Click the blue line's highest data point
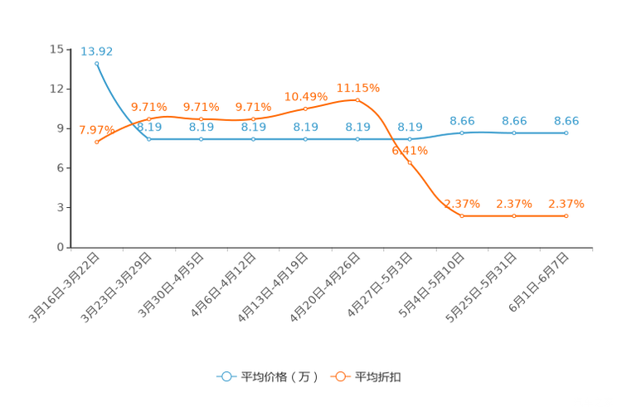click(x=97, y=63)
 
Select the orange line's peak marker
click(x=357, y=99)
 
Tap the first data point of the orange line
click(x=97, y=143)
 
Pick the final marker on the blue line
click(x=566, y=133)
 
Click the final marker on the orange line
click(x=566, y=216)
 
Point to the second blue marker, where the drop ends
click(x=149, y=139)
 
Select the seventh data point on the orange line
click(x=410, y=162)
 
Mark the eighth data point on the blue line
click(x=462, y=133)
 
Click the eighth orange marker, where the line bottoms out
click(x=462, y=216)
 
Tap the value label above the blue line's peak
click(x=97, y=51)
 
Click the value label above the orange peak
click(x=357, y=86)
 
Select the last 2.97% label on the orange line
click(x=566, y=203)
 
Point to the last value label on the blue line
click(x=566, y=121)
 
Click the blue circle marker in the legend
click(x=226, y=376)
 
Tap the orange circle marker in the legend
click(x=339, y=376)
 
